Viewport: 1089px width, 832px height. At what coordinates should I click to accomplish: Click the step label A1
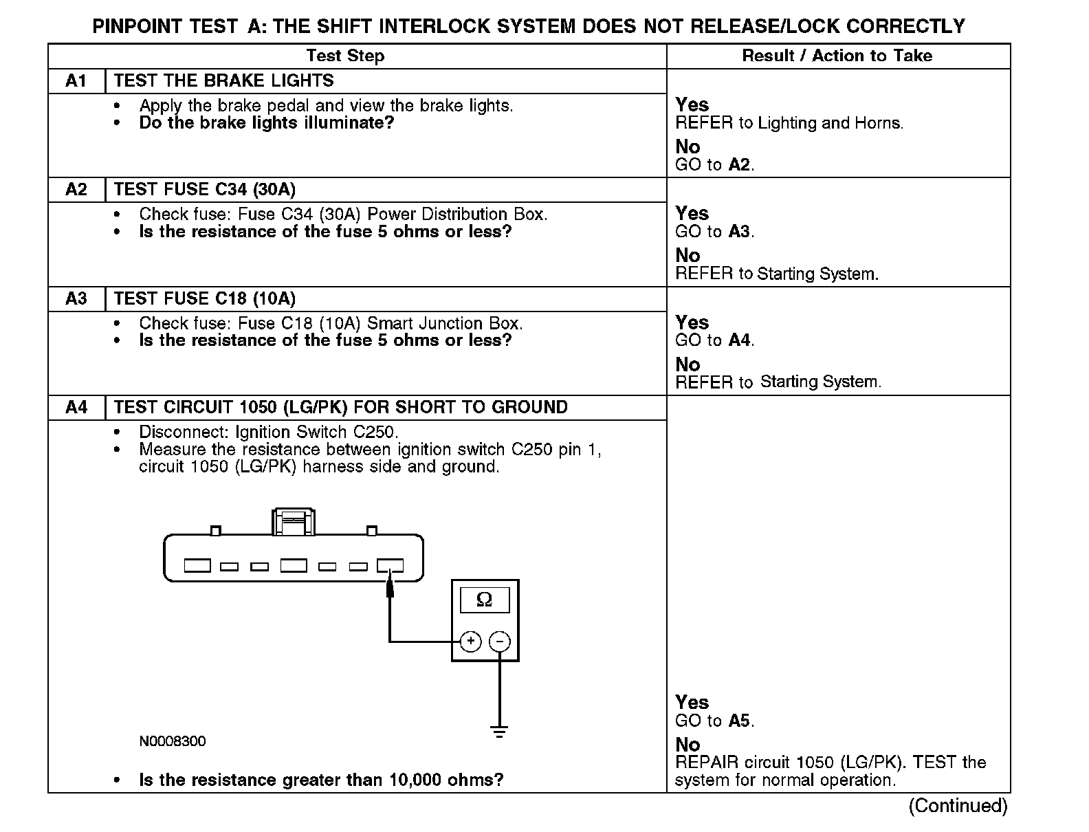point(76,81)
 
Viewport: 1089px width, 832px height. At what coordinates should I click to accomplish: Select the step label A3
point(76,298)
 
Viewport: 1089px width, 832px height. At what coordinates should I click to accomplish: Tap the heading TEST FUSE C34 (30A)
point(204,189)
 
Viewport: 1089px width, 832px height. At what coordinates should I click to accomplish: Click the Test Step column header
point(345,56)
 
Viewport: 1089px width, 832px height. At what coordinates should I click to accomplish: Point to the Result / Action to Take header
point(837,56)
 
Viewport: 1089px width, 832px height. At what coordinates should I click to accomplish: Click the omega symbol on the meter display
point(484,600)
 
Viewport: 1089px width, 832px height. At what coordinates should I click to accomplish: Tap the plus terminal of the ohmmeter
point(470,642)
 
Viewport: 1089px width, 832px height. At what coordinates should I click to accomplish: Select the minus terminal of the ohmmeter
point(500,642)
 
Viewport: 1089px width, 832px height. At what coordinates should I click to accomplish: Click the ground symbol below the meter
point(500,731)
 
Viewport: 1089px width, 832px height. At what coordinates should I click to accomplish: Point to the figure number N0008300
point(172,741)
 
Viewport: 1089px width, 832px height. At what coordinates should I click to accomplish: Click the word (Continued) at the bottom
point(958,805)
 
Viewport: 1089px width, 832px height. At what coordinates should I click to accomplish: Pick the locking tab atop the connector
point(294,521)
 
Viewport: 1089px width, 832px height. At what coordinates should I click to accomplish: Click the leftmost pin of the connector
point(197,566)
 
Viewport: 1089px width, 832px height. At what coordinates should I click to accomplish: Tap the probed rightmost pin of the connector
point(390,566)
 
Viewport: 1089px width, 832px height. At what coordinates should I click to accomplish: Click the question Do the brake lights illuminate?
point(266,123)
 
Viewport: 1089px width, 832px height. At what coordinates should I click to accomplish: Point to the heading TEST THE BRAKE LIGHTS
point(223,80)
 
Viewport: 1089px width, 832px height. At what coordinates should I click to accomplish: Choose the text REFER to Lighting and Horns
point(789,124)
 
